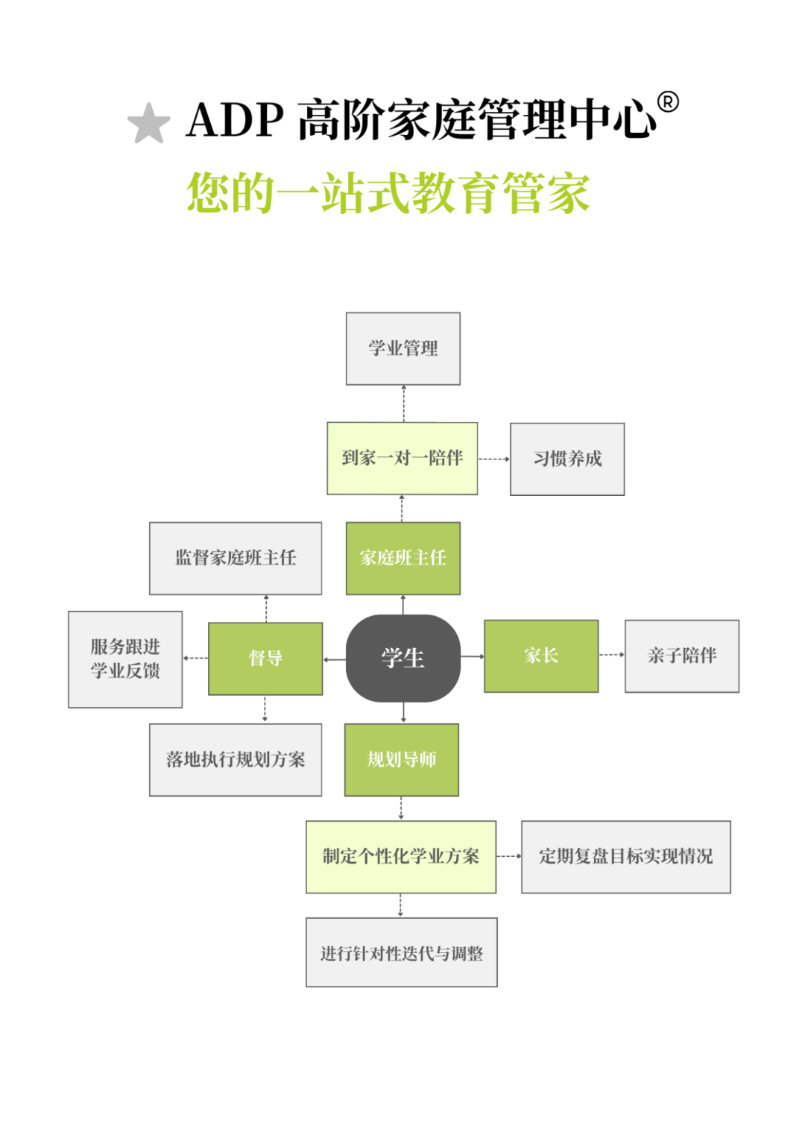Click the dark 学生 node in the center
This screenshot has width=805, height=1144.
403,658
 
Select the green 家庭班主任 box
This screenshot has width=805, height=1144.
403,558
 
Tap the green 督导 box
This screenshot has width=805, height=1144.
265,658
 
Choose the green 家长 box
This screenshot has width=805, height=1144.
541,656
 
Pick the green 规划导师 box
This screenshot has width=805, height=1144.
402,759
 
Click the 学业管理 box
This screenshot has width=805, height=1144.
403,348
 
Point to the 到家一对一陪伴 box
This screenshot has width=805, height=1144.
402,458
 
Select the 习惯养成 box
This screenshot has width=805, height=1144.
567,459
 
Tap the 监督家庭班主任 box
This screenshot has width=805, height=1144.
236,558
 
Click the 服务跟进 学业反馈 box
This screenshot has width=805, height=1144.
125,659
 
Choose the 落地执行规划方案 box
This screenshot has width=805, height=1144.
236,759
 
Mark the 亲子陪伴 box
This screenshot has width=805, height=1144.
682,656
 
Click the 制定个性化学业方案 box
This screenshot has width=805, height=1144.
401,856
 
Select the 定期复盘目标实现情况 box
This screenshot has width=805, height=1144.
626,856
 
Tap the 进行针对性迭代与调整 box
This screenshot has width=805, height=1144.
402,952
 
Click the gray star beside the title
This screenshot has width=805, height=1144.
149,123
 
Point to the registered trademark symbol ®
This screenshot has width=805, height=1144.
668,102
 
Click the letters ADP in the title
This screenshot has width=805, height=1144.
235,119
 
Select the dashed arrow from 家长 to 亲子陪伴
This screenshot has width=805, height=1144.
611,655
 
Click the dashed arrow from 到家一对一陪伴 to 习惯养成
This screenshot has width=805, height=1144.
493,459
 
